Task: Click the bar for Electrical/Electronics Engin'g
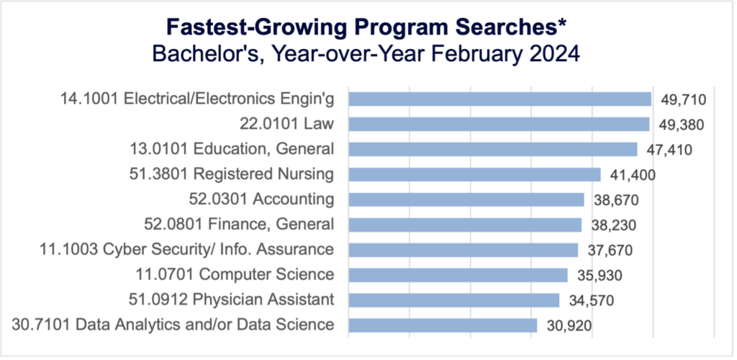click(499, 99)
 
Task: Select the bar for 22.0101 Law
click(499, 125)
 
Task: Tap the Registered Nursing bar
click(474, 174)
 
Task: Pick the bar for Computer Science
click(458, 274)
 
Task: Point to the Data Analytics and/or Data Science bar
click(443, 325)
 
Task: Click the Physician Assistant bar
click(453, 300)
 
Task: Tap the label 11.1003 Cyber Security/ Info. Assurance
click(186, 250)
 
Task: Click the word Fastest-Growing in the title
click(254, 28)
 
